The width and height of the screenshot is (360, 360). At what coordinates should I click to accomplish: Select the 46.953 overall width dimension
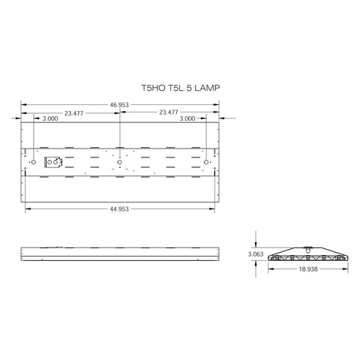pos(120,104)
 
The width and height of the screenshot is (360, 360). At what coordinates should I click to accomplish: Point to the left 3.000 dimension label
pos(52,118)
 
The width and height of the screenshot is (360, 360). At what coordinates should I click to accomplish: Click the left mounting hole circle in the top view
pos(32,162)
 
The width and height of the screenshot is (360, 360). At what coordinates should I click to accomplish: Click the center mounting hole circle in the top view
pos(119,162)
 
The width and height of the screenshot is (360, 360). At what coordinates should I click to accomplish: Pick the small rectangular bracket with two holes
pos(55,162)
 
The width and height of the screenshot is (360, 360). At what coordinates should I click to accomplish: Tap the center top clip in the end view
pos(307,249)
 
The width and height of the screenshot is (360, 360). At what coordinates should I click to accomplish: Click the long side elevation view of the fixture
pos(120,253)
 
